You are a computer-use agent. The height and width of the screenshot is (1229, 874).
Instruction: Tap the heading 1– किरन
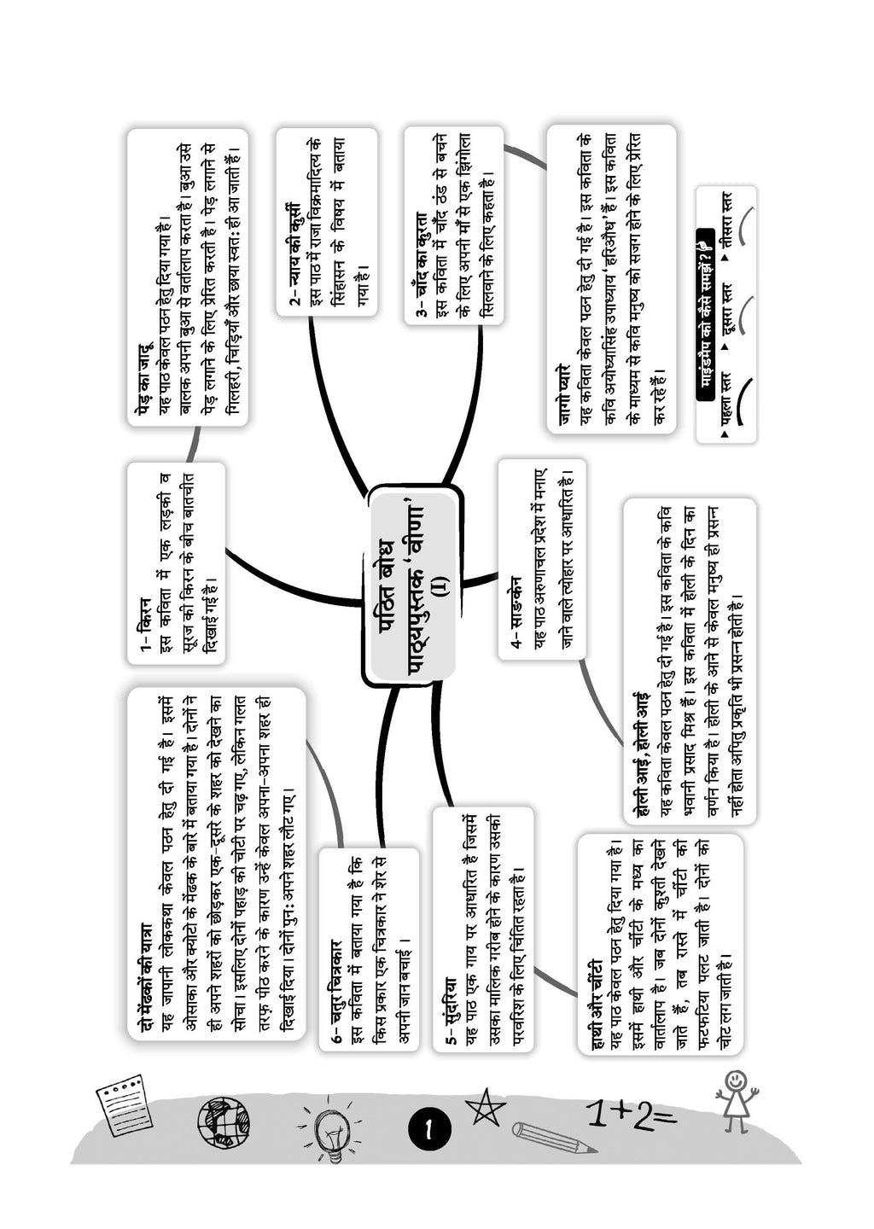[145, 623]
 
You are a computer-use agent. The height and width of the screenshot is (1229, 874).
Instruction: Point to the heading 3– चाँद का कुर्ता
[422, 265]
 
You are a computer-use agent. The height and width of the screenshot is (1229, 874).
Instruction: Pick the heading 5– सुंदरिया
[450, 1011]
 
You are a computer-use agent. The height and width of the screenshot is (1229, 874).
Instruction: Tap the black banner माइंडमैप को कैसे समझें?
[705, 316]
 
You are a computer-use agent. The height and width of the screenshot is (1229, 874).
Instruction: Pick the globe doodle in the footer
[224, 1121]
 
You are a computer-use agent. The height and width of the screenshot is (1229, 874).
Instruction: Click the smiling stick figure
[735, 1101]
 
